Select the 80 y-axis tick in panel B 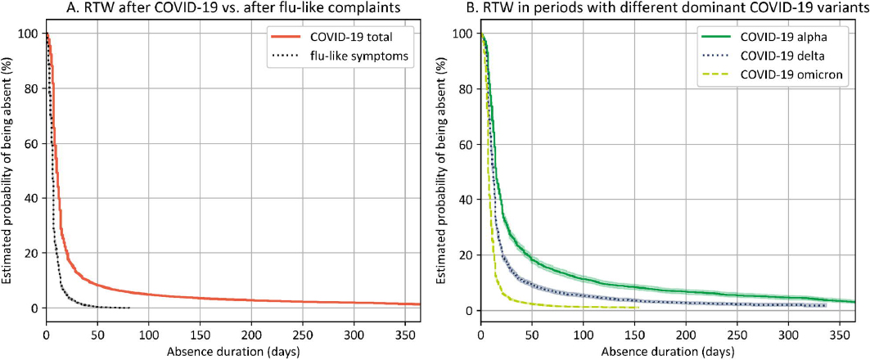[x=467, y=90]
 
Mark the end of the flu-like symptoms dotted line [x=128, y=308]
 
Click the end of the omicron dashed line [x=639, y=308]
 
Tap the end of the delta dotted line [x=825, y=306]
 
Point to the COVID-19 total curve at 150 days [x=201, y=298]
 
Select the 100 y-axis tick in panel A [x=30, y=34]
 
